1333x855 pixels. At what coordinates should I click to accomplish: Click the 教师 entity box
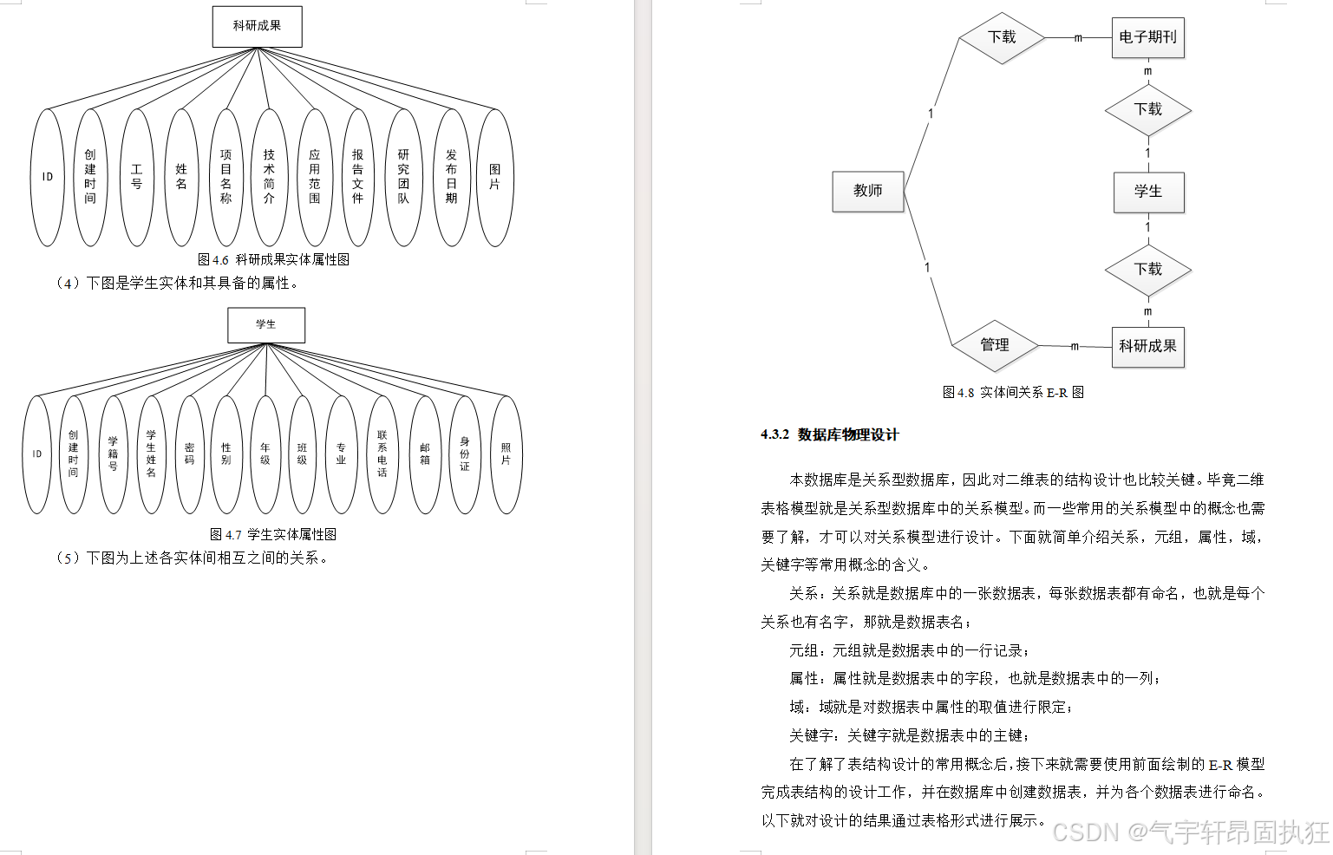click(867, 191)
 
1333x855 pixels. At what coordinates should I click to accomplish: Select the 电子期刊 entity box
click(1147, 37)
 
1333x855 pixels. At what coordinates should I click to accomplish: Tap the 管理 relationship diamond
click(995, 345)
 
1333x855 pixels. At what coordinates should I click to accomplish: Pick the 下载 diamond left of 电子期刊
click(1002, 37)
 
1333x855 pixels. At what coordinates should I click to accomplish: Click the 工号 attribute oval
click(136, 177)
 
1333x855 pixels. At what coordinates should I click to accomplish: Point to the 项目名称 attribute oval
click(225, 177)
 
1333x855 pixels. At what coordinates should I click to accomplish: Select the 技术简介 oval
click(269, 177)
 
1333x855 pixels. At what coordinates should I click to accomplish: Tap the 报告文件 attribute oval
click(357, 177)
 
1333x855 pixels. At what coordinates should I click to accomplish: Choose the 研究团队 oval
click(403, 177)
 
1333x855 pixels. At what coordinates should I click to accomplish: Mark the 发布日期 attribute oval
click(451, 177)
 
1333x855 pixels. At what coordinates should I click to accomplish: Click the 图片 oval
click(494, 177)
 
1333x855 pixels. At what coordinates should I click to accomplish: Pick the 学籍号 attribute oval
click(113, 454)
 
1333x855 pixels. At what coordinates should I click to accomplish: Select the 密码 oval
click(189, 454)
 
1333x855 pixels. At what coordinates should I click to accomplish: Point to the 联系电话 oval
click(382, 454)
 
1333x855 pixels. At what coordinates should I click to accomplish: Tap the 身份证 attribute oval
click(464, 454)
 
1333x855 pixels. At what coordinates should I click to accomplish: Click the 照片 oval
click(506, 454)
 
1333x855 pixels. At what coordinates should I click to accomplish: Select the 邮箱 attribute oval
click(424, 454)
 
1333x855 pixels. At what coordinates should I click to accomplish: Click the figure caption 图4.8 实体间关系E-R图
click(1013, 392)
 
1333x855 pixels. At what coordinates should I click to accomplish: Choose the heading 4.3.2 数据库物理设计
click(829, 434)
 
